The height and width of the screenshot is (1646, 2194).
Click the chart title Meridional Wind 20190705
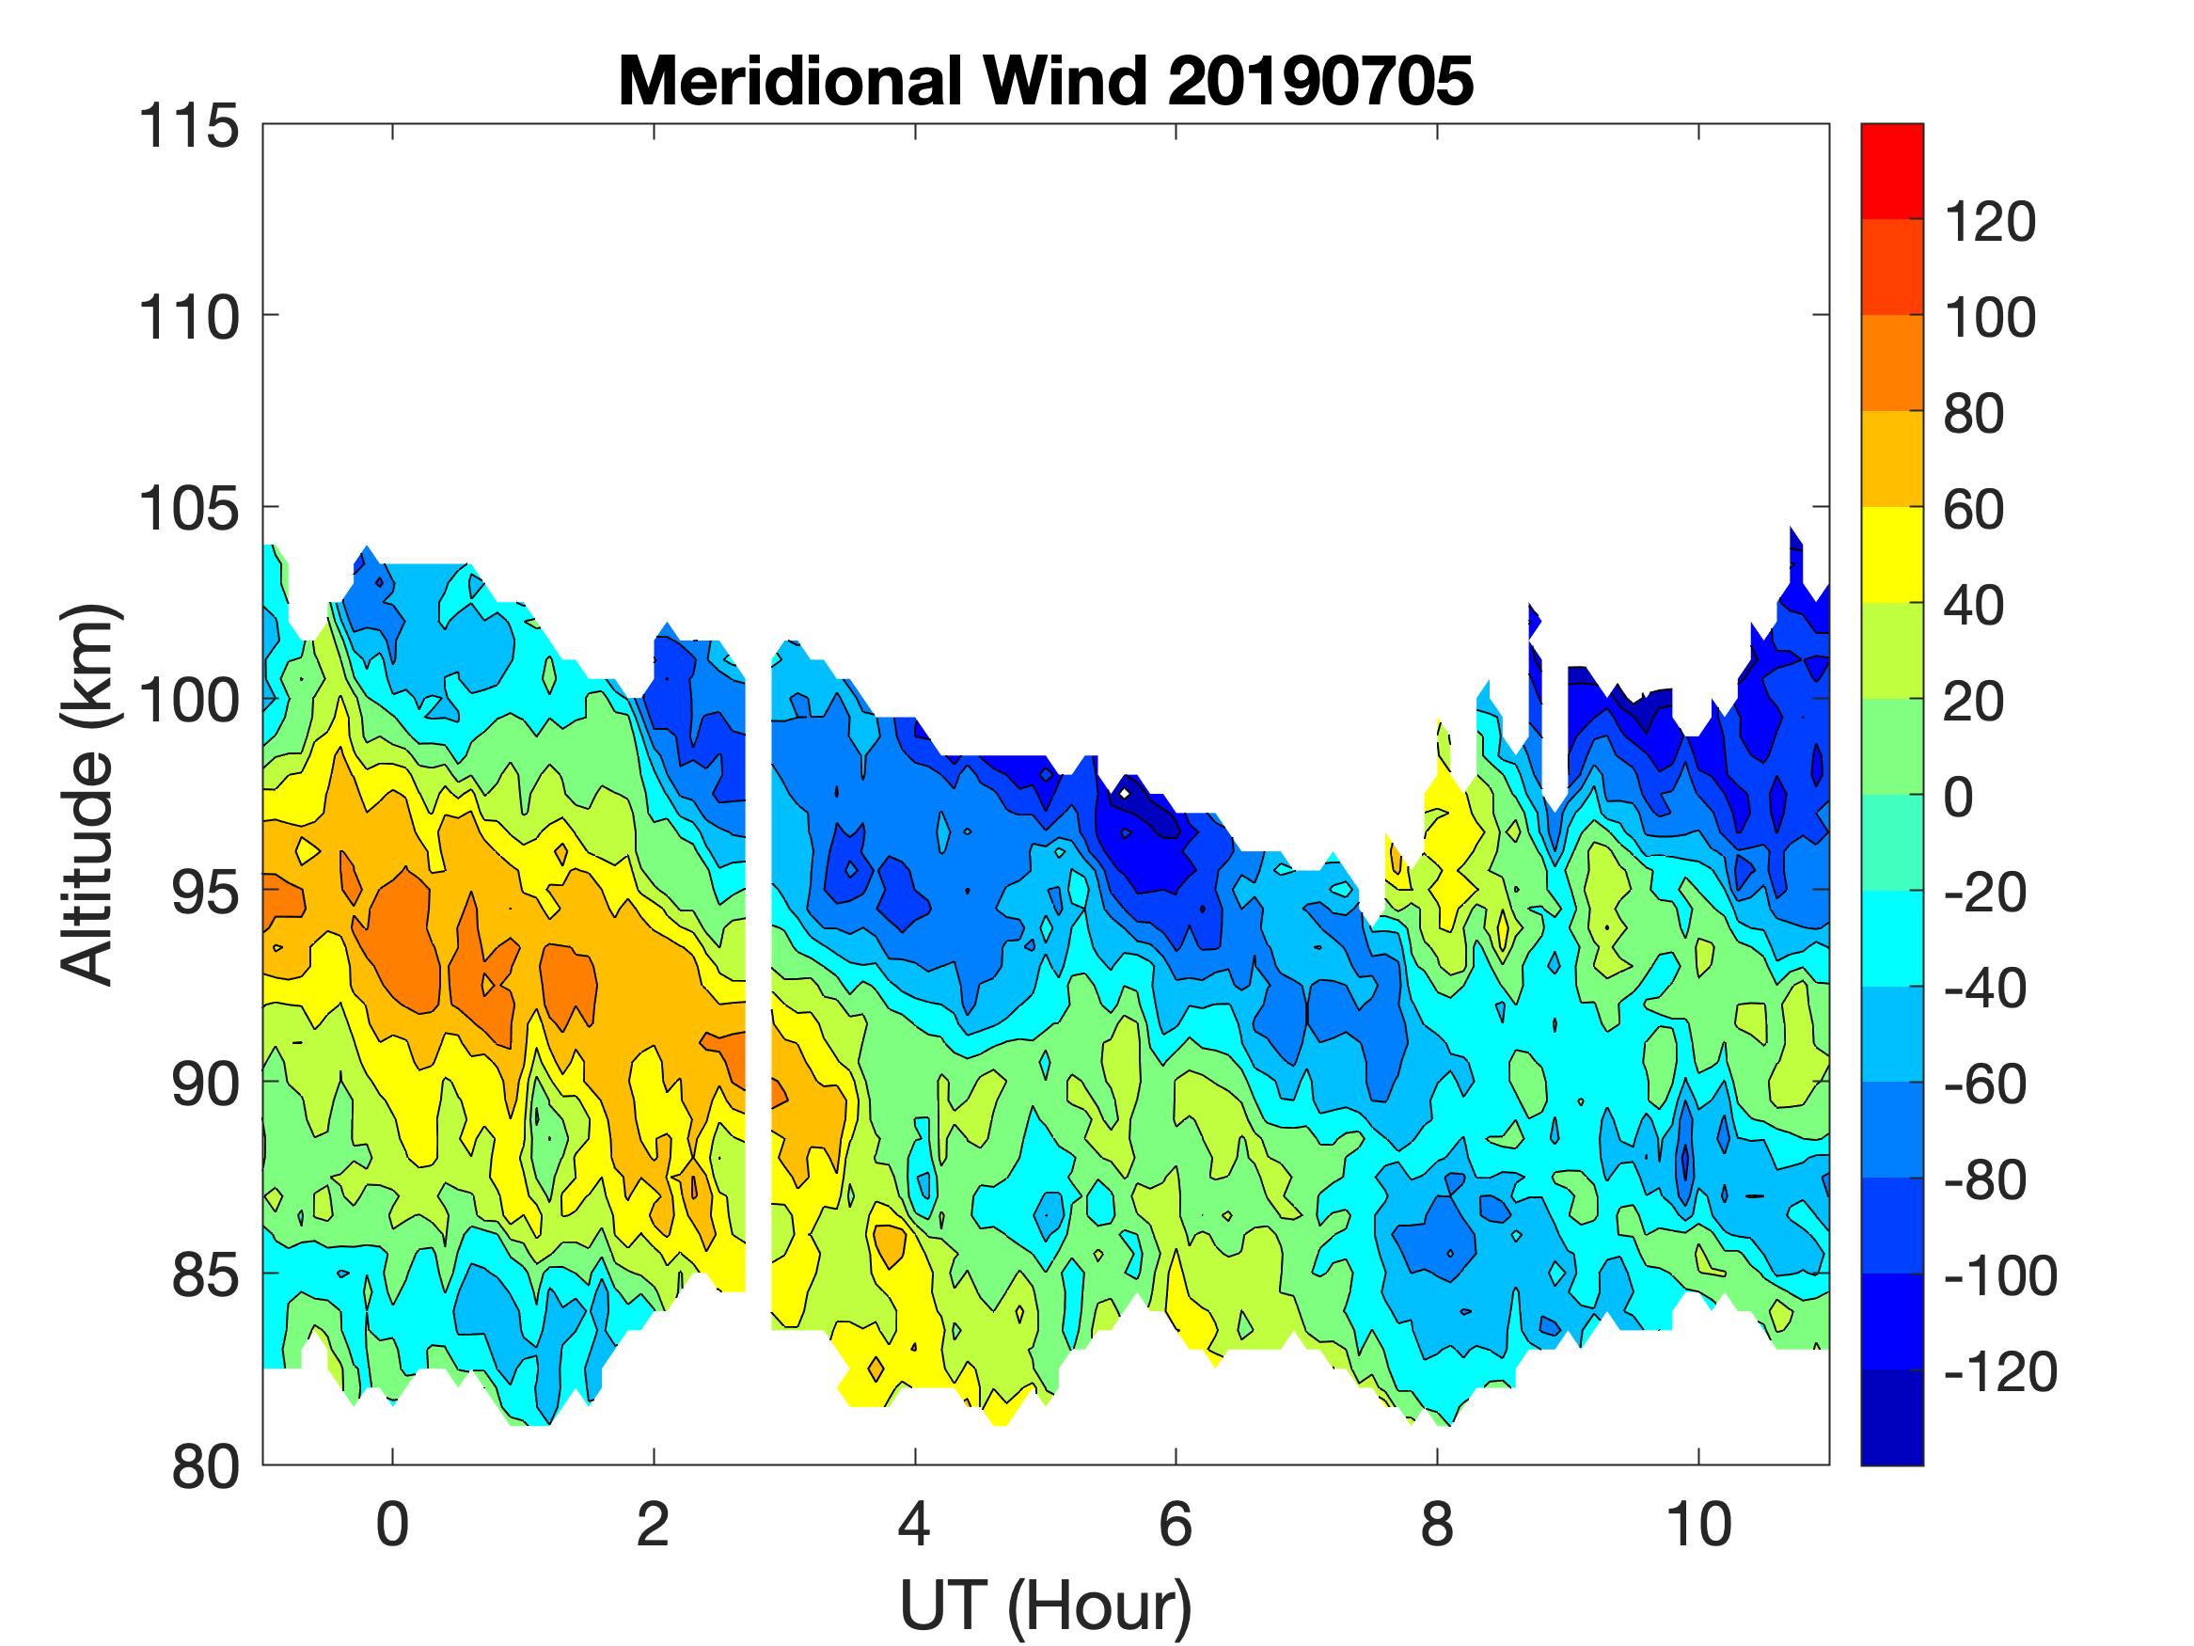[1046, 81]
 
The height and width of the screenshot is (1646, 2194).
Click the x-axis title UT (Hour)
[1046, 1606]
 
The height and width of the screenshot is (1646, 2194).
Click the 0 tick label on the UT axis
[393, 1525]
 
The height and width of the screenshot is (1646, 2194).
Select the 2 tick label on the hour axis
[654, 1525]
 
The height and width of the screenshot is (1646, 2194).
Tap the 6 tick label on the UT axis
[1176, 1525]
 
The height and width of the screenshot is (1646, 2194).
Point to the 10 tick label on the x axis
[1699, 1525]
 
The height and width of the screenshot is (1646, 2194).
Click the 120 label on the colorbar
[1990, 221]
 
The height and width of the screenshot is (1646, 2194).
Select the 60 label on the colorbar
[1974, 509]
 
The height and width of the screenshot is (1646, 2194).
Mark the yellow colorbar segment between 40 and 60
[1891, 556]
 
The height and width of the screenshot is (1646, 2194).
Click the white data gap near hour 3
[758, 992]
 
